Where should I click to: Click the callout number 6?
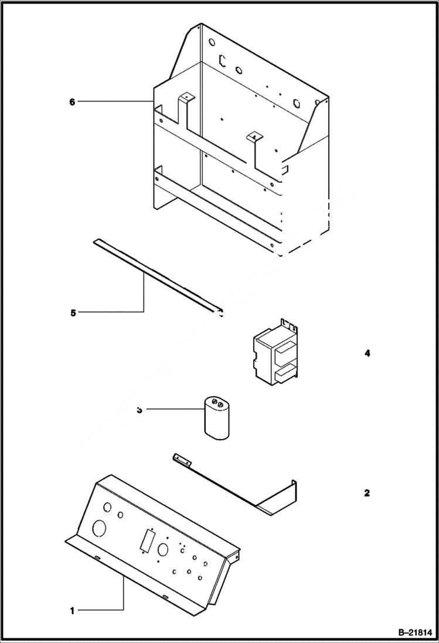click(72, 102)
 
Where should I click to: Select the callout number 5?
click(73, 312)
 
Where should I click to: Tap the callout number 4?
click(367, 353)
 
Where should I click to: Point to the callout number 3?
click(139, 410)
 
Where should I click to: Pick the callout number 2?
click(367, 493)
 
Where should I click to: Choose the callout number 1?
click(72, 611)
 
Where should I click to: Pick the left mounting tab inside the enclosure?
click(186, 97)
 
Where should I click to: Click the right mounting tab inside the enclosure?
click(253, 137)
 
